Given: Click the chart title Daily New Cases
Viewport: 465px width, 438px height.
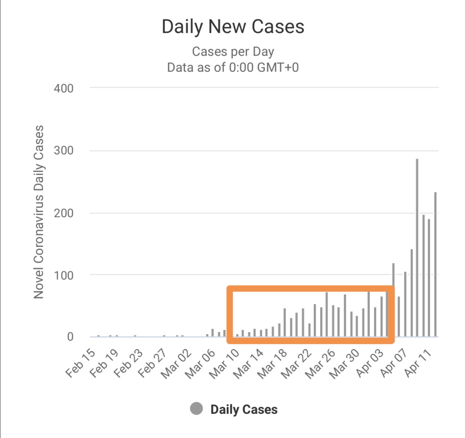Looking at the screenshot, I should pyautogui.click(x=233, y=27).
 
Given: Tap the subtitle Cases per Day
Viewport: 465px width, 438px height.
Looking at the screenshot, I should pyautogui.click(x=233, y=52).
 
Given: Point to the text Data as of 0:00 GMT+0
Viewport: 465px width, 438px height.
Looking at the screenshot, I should pyautogui.click(x=233, y=68).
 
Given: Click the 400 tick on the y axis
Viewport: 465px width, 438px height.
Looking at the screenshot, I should pyautogui.click(x=64, y=89).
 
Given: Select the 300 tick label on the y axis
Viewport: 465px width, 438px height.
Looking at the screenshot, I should pyautogui.click(x=64, y=151).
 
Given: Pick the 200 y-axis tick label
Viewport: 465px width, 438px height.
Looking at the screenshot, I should pyautogui.click(x=64, y=213).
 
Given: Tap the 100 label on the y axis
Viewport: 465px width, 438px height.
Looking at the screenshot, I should pyautogui.click(x=64, y=275).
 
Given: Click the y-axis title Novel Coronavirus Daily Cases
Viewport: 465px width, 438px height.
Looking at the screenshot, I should pyautogui.click(x=39, y=212).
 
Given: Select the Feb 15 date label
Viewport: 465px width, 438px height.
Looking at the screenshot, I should pyautogui.click(x=82, y=362).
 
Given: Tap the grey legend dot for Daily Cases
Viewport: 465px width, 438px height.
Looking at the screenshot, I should pyautogui.click(x=196, y=409).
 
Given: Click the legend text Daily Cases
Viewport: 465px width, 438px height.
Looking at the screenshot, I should pyautogui.click(x=244, y=410).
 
